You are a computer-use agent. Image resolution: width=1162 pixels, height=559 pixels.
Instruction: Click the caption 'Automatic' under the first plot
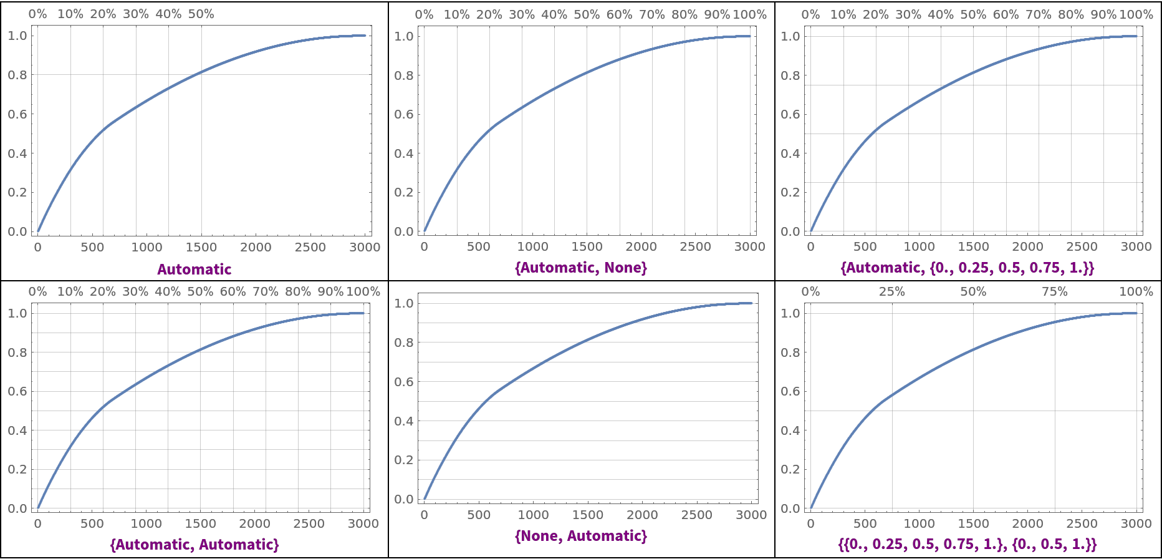tap(194, 270)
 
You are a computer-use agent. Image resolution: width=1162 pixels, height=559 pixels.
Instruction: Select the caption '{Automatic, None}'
tap(581, 268)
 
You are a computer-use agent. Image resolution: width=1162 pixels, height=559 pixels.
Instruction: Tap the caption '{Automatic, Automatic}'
tap(194, 545)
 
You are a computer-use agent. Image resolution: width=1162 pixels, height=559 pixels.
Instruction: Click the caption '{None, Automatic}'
tap(581, 536)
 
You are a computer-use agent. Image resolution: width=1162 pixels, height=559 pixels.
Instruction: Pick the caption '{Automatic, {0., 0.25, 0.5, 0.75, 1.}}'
tap(968, 268)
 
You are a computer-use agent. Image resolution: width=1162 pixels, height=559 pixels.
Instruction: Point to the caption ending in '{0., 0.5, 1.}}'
tap(968, 545)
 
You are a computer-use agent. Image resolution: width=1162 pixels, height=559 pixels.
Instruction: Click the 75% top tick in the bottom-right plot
tap(1054, 291)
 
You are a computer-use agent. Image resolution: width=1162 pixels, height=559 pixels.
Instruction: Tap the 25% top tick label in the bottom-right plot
tap(891, 291)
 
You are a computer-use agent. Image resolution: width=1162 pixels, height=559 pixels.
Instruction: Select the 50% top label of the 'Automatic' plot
tap(201, 14)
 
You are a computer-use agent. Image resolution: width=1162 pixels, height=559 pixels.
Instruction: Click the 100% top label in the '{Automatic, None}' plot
tap(749, 14)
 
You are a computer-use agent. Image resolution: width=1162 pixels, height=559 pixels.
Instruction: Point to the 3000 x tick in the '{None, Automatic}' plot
tap(751, 515)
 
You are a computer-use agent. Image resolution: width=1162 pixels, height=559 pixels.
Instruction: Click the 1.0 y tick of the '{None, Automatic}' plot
tap(404, 303)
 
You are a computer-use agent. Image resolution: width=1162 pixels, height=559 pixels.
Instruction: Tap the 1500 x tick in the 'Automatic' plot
tap(201, 247)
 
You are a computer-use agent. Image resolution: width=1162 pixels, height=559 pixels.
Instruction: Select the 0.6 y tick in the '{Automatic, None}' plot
tap(404, 114)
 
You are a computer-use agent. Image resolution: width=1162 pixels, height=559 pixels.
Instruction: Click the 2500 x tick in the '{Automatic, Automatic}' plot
tap(309, 523)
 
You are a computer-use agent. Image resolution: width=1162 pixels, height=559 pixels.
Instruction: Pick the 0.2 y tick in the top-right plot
tap(790, 192)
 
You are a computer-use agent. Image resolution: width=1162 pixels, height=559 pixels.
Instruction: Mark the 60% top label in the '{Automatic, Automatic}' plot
tap(233, 291)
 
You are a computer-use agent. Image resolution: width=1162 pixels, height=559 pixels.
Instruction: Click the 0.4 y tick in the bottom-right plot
tap(790, 430)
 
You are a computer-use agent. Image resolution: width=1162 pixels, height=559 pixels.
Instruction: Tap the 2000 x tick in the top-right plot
tap(1027, 246)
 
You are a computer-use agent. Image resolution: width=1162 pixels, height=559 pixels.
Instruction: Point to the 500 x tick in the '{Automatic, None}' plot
tap(479, 246)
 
